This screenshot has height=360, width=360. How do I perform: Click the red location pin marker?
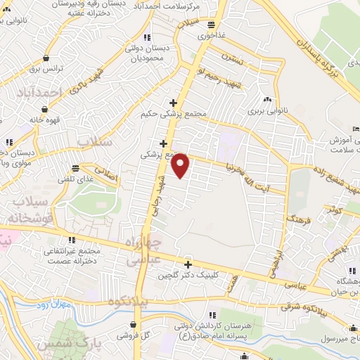(x=181, y=166)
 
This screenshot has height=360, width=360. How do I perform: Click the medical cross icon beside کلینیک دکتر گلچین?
(x=188, y=265)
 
